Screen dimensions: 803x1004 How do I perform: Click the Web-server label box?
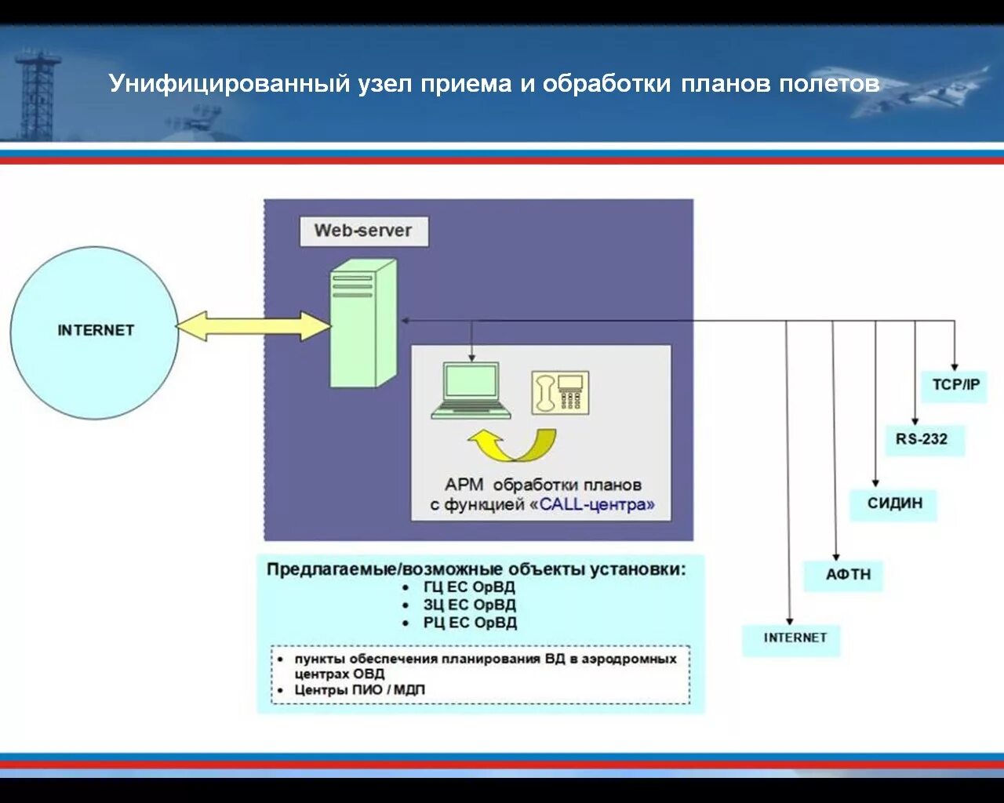tap(364, 231)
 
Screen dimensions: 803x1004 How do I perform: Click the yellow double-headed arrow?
tap(253, 326)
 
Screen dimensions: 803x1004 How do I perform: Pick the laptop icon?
tap(471, 391)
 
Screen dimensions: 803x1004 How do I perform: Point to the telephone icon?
tap(560, 393)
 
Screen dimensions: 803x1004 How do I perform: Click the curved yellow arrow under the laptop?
tap(513, 445)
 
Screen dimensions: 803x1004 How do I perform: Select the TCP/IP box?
tap(955, 386)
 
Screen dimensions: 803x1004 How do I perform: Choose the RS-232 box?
tap(922, 439)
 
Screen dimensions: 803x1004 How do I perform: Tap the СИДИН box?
tap(894, 503)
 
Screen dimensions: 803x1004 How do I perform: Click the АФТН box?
tap(847, 575)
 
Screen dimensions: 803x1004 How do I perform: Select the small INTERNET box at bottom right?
tap(794, 638)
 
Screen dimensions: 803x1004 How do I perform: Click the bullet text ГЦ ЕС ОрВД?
tap(469, 587)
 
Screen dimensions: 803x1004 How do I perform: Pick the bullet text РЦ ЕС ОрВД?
tap(470, 623)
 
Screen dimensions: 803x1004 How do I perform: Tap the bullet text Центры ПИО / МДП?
tap(359, 690)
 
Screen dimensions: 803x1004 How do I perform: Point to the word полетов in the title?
tap(829, 84)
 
